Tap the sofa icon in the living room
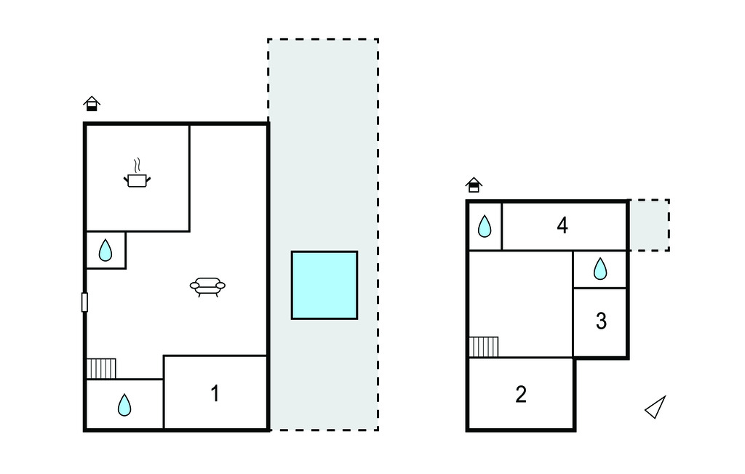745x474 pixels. click(207, 286)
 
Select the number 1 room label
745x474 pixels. click(215, 393)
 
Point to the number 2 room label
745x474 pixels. click(521, 394)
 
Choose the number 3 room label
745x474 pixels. click(601, 321)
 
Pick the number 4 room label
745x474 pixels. click(562, 225)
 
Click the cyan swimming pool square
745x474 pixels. click(324, 285)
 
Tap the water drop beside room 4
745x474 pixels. click(484, 226)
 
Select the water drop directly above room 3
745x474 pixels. click(600, 268)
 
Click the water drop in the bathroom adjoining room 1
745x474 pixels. click(124, 405)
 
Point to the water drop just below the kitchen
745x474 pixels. click(105, 250)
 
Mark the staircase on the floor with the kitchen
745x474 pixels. click(101, 369)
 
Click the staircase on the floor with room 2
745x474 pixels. click(484, 347)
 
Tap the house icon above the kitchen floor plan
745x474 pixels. click(92, 103)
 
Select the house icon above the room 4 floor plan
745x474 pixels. click(474, 185)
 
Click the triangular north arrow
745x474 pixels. click(656, 407)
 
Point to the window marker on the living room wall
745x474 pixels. click(84, 302)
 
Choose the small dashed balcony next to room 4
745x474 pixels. click(649, 225)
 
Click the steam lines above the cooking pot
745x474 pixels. click(138, 165)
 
